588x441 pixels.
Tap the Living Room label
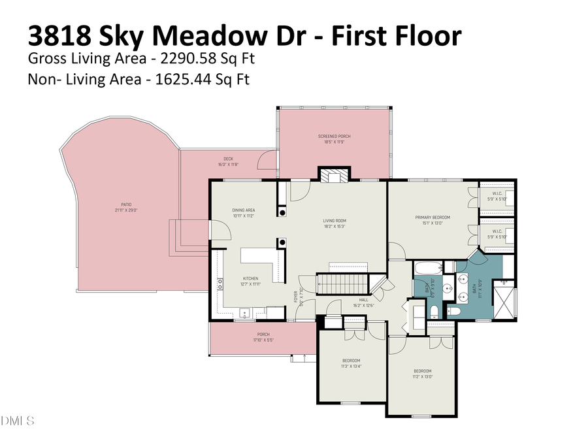coord(335,223)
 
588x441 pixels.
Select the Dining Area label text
coord(243,212)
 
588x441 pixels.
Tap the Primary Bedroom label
coord(433,220)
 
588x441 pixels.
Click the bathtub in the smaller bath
coord(429,268)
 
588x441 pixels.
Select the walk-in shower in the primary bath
coord(504,299)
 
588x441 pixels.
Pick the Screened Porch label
coord(335,139)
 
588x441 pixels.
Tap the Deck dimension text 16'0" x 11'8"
coord(228,164)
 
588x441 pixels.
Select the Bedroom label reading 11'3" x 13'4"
coord(351,363)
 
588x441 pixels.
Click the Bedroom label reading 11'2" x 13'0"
coord(421,374)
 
